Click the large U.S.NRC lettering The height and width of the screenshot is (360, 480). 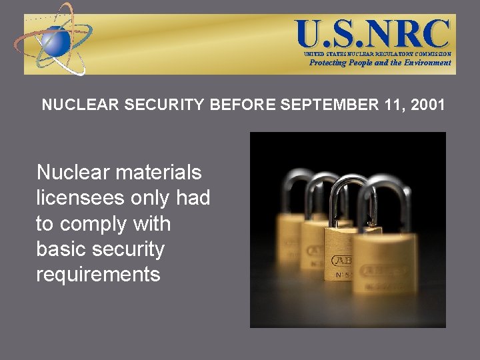(373, 33)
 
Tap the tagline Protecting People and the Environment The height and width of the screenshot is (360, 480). (380, 63)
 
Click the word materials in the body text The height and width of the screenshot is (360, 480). (158, 173)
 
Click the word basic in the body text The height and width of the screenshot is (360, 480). (62, 249)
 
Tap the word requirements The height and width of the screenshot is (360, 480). (98, 275)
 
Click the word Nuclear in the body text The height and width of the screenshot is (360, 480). (72, 173)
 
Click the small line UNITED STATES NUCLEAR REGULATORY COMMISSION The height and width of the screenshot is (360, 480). (377, 53)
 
